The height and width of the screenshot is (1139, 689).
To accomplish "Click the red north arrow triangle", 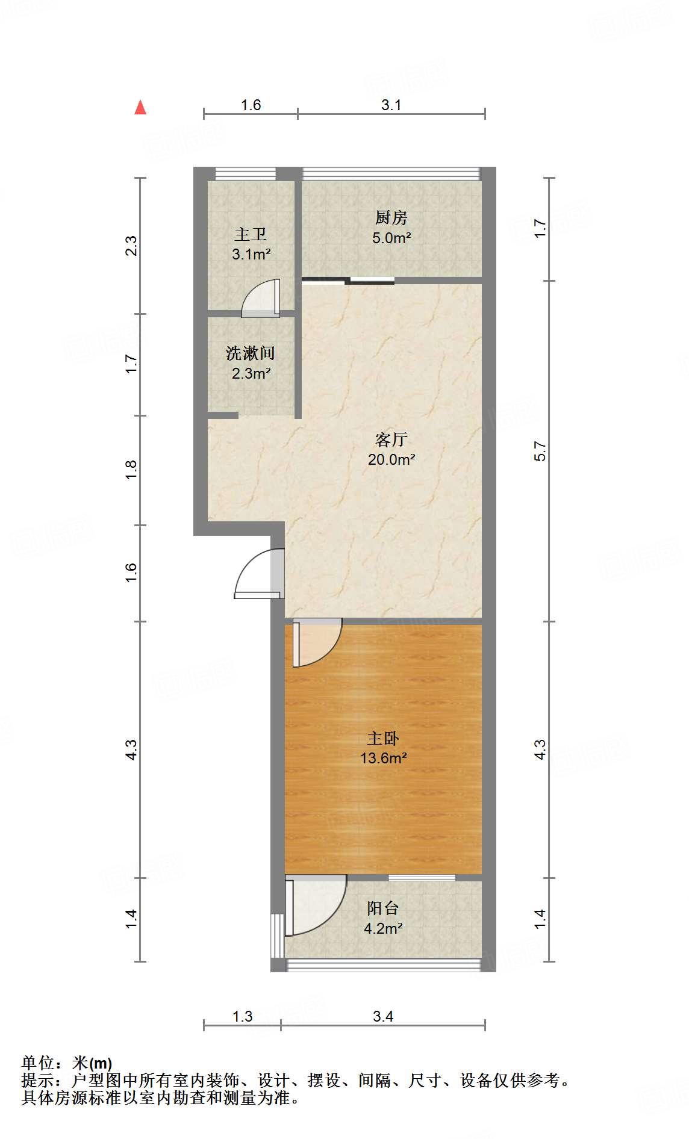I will [x=140, y=108].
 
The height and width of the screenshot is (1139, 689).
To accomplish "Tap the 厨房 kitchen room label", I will [x=391, y=217].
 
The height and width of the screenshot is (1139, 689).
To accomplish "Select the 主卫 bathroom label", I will [x=251, y=234].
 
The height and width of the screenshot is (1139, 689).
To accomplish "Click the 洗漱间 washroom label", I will [x=251, y=353].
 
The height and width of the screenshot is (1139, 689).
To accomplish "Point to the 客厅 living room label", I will [x=391, y=439].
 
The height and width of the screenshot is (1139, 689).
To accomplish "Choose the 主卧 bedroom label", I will [x=383, y=738].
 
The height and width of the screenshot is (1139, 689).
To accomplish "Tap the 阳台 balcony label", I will [x=383, y=908].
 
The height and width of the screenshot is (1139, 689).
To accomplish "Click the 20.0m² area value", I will [x=391, y=460].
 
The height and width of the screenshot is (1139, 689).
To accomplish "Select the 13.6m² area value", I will [x=383, y=758].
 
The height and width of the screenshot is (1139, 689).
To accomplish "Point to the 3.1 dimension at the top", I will [x=391, y=105].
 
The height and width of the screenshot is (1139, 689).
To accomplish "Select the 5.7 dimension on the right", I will [x=540, y=451].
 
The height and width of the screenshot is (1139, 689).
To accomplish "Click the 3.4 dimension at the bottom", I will [x=383, y=1017].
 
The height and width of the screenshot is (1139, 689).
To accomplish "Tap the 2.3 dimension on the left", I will [x=131, y=246].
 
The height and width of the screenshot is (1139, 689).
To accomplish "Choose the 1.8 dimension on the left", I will [x=131, y=470].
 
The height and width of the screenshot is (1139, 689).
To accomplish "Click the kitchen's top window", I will [x=391, y=174].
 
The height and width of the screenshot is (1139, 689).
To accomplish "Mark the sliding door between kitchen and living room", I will [x=349, y=280].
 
